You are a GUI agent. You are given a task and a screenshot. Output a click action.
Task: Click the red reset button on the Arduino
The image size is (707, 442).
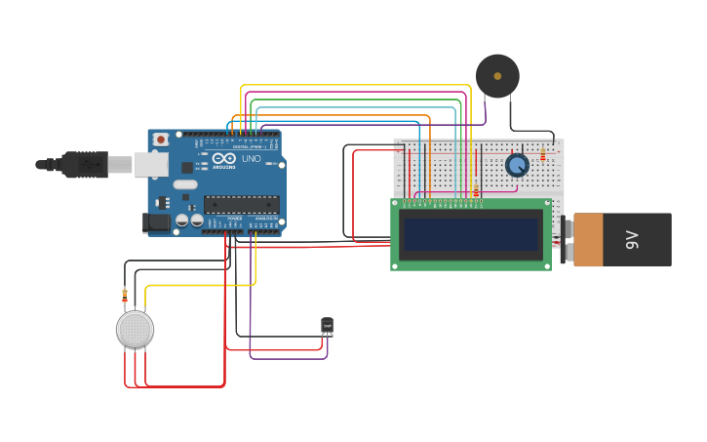162,140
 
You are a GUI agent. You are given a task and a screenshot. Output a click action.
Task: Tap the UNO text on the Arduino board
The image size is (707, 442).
251,158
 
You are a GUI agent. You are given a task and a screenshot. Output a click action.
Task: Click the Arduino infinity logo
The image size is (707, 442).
224,159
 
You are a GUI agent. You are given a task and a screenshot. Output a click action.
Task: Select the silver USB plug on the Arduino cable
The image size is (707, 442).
119,164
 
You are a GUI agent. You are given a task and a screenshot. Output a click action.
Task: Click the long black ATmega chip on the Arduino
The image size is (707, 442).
241,204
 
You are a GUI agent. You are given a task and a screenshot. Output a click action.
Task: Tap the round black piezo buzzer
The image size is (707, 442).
497,76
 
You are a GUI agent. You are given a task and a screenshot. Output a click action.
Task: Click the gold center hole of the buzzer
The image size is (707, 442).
497,75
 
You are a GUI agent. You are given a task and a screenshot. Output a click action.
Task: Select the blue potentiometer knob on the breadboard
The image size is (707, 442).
517,165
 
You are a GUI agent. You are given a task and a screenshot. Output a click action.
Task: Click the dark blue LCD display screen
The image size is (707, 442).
471,234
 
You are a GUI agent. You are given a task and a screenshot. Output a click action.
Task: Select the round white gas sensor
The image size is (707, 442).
136,330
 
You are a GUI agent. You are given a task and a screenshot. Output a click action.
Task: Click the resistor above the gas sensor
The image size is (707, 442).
125,294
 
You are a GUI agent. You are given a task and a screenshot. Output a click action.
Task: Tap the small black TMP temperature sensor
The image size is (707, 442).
327,326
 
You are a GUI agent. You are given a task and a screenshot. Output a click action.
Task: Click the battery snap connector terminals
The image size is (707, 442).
567,240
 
